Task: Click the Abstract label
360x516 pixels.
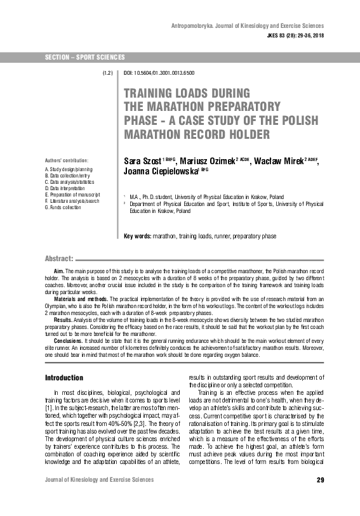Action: tap(59, 259)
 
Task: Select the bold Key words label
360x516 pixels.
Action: tap(137, 236)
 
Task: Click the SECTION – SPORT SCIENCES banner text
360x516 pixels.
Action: tap(84, 58)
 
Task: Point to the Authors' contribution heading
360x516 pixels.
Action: tap(66, 161)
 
